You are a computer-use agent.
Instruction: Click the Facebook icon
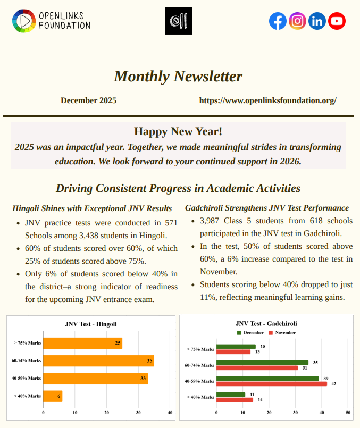[x=278, y=21]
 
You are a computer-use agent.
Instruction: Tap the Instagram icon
[x=298, y=21]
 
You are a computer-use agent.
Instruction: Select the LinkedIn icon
[x=317, y=21]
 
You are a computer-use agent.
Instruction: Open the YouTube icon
[x=337, y=21]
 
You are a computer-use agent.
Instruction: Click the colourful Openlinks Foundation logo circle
[x=22, y=21]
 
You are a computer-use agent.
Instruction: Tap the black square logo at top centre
[x=178, y=21]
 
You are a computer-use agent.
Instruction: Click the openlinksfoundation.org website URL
[x=267, y=100]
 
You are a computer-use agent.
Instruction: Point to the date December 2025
[x=88, y=100]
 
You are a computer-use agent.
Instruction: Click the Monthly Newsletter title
[x=178, y=77]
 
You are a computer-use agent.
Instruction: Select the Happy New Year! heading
[x=178, y=131]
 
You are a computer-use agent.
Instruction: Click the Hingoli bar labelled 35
[x=98, y=360]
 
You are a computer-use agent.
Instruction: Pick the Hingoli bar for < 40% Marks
[x=53, y=396]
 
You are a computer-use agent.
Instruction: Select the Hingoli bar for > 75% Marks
[x=82, y=343]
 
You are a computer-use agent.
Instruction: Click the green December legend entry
[x=250, y=332]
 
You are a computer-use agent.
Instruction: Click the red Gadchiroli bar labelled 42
[x=272, y=384]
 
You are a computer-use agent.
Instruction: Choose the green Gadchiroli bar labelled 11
[x=231, y=395]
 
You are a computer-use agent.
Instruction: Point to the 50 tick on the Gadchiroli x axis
[x=348, y=412]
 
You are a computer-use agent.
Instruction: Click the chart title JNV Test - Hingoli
[x=91, y=323]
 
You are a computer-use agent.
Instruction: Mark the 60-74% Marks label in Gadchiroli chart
[x=199, y=365]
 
